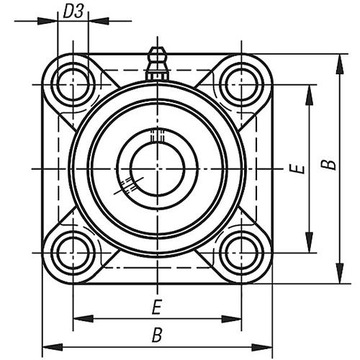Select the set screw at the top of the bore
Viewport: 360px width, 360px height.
[x=154, y=136]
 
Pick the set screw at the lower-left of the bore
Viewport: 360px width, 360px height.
[x=127, y=184]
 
